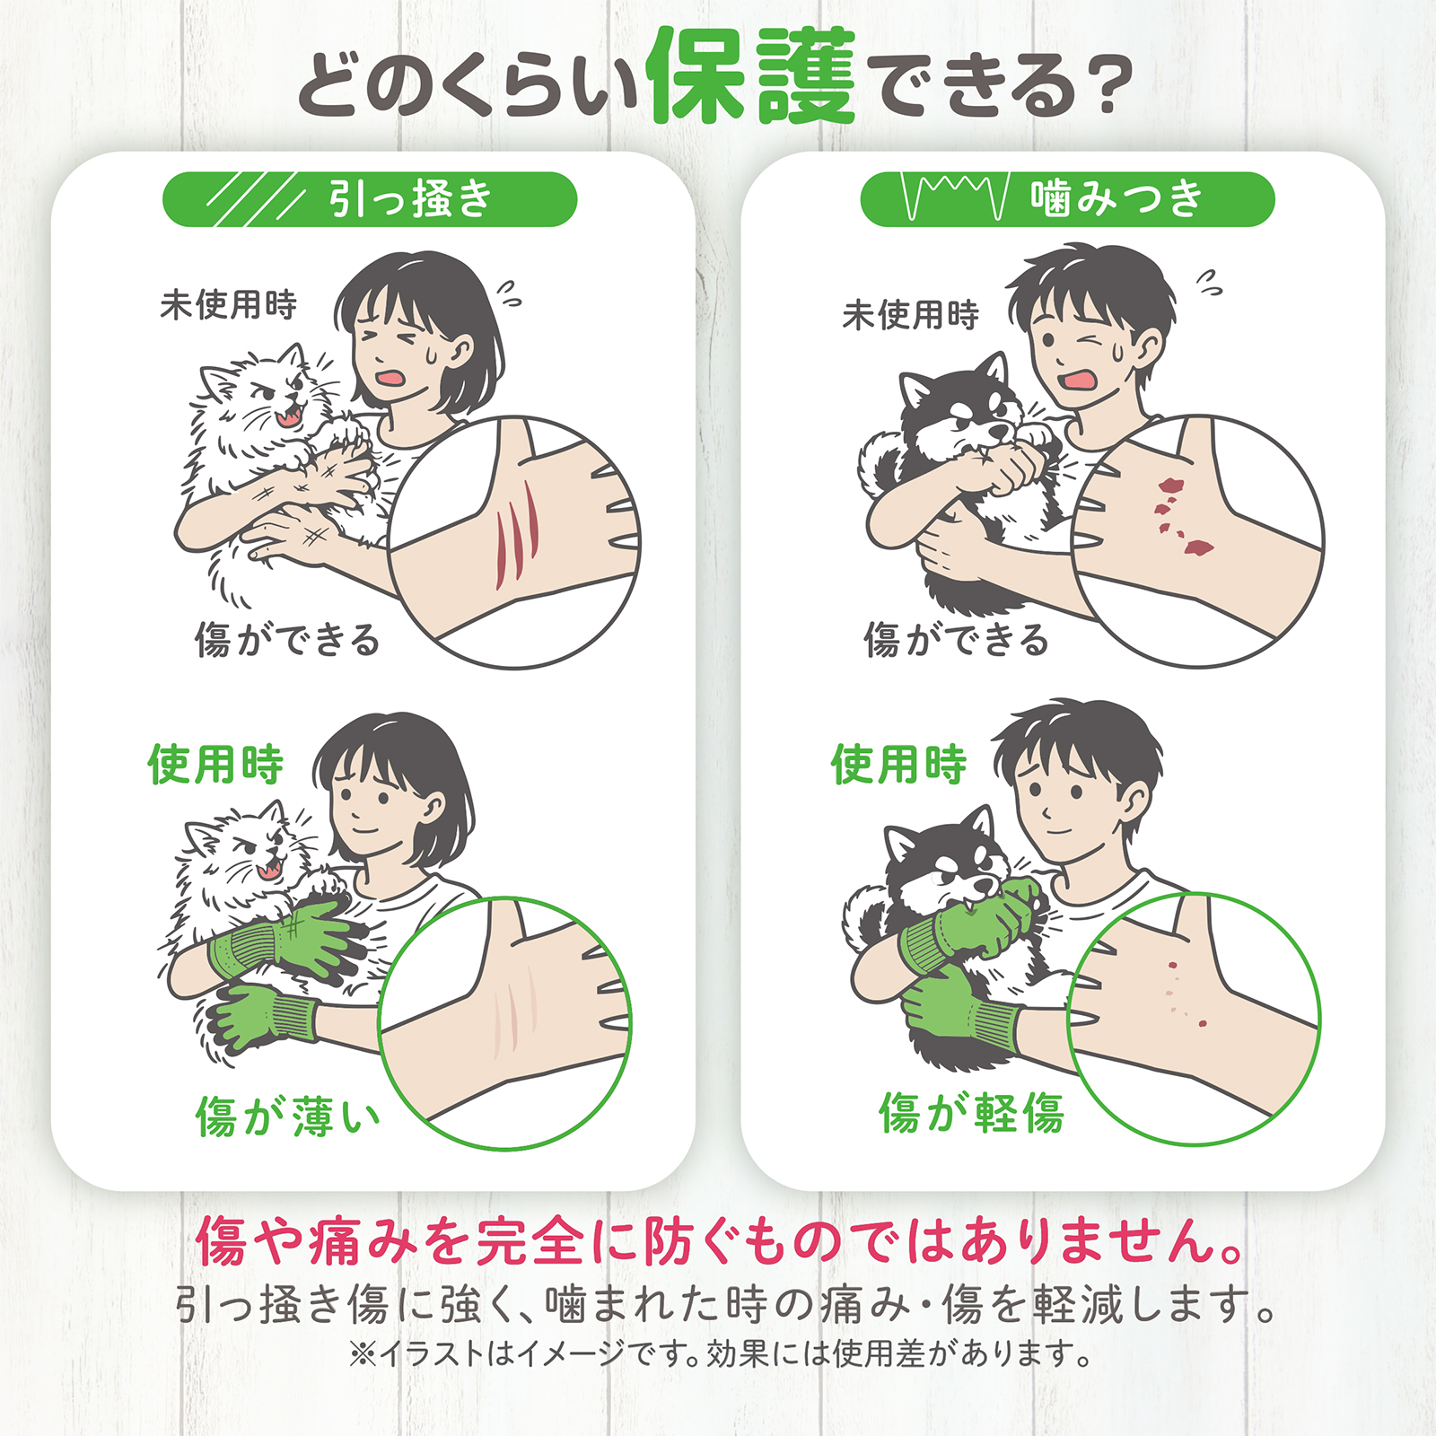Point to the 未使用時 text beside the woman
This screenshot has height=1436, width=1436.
(x=228, y=305)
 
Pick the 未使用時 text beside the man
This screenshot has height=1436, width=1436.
(x=910, y=315)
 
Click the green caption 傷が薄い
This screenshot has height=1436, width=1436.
(x=287, y=1116)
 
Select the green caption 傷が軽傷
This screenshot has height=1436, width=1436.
(x=971, y=1113)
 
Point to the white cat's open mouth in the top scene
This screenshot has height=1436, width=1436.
(x=290, y=415)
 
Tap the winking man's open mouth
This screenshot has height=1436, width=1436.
(x=1078, y=378)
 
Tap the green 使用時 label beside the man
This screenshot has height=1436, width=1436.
(x=898, y=765)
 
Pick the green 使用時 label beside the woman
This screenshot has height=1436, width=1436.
(x=215, y=765)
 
